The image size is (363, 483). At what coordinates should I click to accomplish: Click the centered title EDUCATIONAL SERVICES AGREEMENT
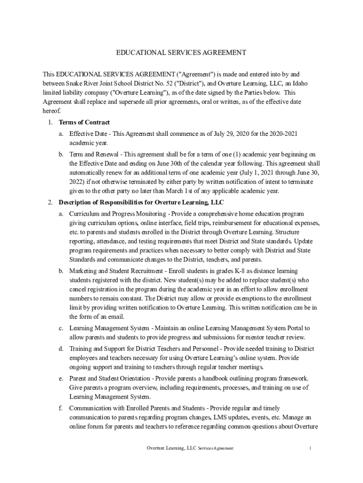pyautogui.click(x=181, y=53)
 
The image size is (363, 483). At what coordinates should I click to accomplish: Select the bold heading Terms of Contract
pyautogui.click(x=84, y=123)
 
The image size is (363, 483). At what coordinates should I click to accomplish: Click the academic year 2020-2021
pyautogui.click(x=283, y=134)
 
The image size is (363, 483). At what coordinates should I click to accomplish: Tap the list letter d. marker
pyautogui.click(x=61, y=349)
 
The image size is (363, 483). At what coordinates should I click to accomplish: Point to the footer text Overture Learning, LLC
pyautogui.click(x=171, y=448)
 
